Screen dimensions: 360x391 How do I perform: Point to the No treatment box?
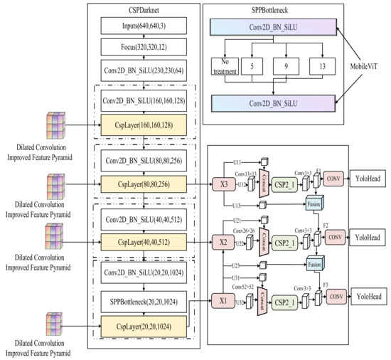223,66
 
